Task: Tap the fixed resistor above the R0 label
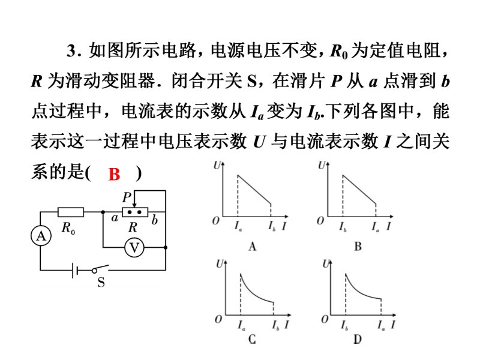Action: click(x=71, y=212)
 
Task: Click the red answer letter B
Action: click(x=115, y=175)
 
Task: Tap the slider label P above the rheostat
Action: click(x=126, y=197)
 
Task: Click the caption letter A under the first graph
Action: click(x=252, y=245)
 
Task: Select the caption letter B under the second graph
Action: click(x=358, y=245)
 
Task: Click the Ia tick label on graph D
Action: click(x=380, y=326)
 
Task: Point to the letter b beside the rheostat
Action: click(x=154, y=220)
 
